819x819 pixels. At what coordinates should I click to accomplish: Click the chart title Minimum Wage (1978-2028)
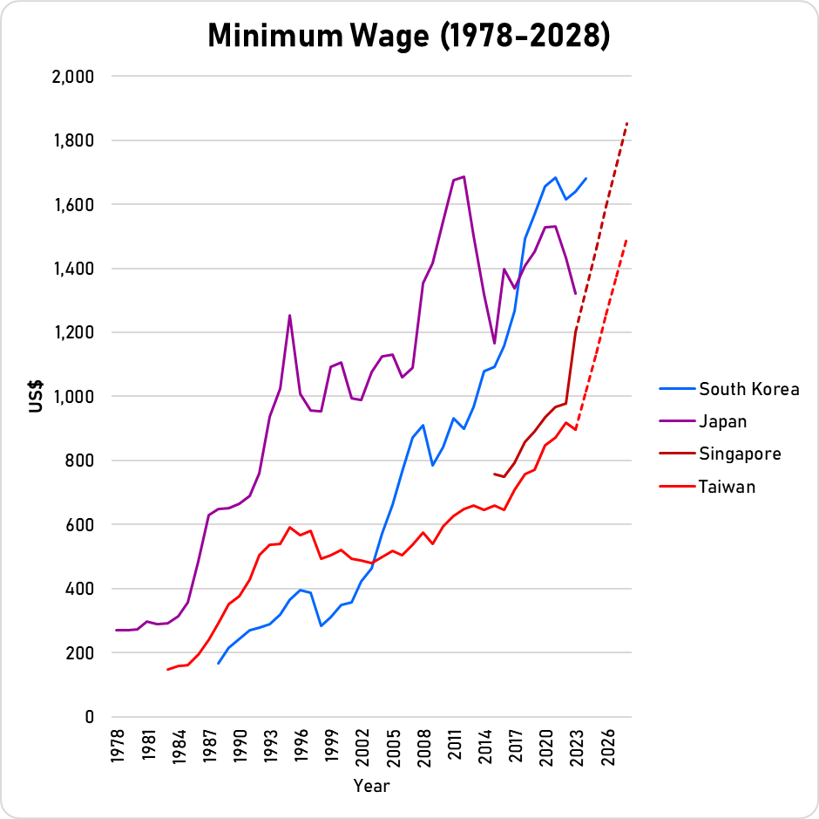point(409,36)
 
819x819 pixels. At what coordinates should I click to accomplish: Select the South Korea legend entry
point(748,389)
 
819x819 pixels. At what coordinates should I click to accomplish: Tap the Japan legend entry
point(722,421)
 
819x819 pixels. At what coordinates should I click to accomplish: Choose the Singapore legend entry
point(740,454)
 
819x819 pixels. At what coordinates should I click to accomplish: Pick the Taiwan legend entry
point(727,486)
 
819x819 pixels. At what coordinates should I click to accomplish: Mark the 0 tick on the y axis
point(89,717)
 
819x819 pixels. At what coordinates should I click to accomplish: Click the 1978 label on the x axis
point(118,748)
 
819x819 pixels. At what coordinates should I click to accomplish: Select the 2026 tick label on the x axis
point(608,748)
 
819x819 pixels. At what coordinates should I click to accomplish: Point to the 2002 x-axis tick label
point(362,748)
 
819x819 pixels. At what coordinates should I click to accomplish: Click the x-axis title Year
point(372,786)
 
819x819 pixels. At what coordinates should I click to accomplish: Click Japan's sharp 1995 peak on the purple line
point(289,316)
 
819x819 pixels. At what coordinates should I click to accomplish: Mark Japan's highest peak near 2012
point(464,177)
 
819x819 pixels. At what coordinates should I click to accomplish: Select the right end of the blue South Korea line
point(586,178)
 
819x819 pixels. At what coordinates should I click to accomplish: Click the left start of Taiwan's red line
point(167,670)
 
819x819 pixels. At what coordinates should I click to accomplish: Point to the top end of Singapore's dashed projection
point(626,123)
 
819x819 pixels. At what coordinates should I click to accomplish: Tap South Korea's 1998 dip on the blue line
point(321,625)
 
